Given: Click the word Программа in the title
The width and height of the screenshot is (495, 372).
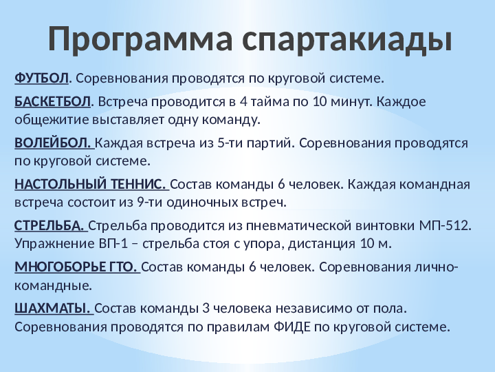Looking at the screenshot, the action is (140, 39).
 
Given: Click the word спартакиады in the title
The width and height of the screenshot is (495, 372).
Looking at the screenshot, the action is (347, 39).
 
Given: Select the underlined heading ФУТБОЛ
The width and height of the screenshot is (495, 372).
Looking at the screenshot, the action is (41, 78).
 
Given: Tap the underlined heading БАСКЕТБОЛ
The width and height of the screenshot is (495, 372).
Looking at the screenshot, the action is (52, 102).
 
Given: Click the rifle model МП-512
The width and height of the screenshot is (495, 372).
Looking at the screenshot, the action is (445, 225).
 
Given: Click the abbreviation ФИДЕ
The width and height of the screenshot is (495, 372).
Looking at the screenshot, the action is (292, 327).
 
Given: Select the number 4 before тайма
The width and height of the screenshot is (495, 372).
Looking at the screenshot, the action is (243, 102).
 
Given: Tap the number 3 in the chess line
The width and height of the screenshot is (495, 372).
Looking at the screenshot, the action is (206, 308).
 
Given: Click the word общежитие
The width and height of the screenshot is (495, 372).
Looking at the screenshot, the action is (52, 120).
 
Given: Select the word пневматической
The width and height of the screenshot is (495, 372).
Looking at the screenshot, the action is (298, 225).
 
